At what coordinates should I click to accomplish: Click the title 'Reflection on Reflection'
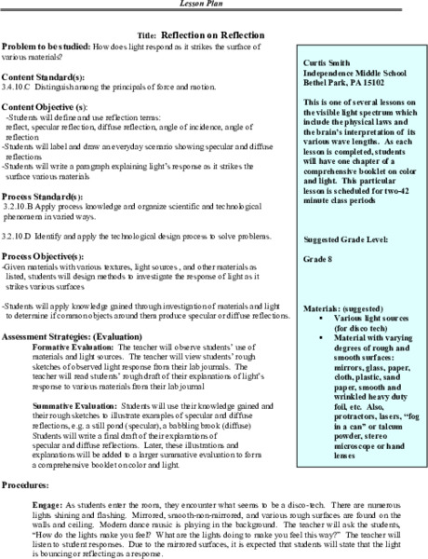click(221, 33)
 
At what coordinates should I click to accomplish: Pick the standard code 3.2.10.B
click(19, 211)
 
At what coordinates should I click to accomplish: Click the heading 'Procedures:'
click(27, 485)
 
